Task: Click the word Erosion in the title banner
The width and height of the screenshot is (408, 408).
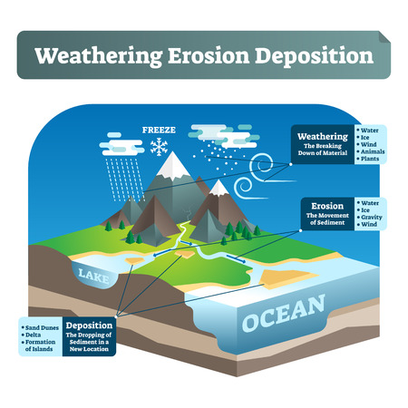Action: pos(203,55)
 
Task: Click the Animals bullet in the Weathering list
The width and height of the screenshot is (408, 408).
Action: pos(373,151)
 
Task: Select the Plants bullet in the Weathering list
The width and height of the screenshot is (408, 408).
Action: pos(371,159)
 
